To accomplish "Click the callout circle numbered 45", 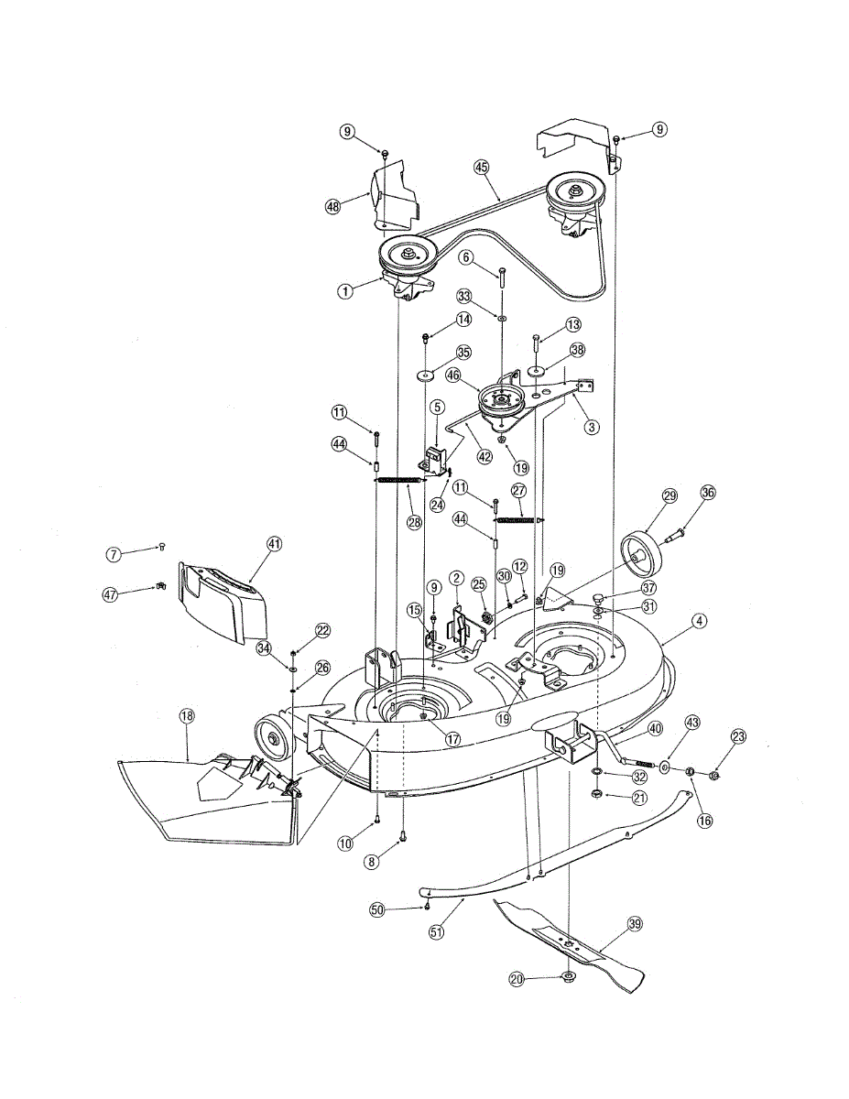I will (482, 167).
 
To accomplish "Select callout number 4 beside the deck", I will (699, 621).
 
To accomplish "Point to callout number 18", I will (187, 716).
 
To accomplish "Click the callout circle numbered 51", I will (435, 932).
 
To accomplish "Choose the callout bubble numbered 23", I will (739, 736).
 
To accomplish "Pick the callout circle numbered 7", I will (114, 554).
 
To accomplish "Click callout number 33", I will (464, 296).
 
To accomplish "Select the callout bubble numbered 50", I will (377, 909).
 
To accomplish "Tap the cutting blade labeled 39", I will (568, 943).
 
